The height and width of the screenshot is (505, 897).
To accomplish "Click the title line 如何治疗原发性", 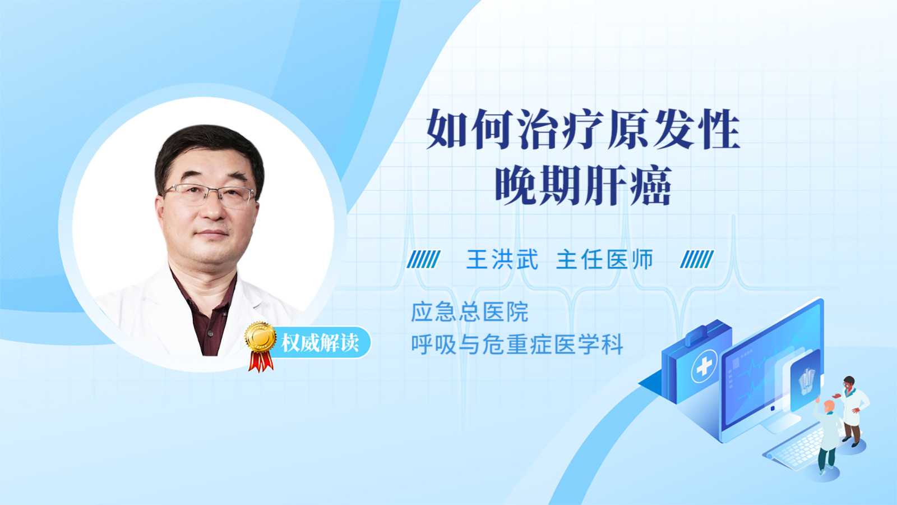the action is pos(582,129).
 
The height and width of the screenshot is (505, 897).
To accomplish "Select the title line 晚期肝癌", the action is pos(583,186).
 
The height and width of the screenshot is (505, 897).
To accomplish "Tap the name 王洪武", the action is pos(502,259).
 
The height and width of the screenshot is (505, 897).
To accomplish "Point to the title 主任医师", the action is pos(604,259).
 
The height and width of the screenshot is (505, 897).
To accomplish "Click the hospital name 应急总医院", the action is pos(470,312).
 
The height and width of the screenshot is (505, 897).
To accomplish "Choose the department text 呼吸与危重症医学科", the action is pos(517,345).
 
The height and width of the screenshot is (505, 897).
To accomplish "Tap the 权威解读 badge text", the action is pos(320,343).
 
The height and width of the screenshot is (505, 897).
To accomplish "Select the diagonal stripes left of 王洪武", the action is pos(423,259).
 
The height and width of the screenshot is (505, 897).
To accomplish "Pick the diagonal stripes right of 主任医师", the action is pos(697,259).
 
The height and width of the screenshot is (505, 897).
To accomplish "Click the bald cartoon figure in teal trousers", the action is pos(827,437).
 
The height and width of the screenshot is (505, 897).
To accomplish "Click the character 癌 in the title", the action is pos(651,186).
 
